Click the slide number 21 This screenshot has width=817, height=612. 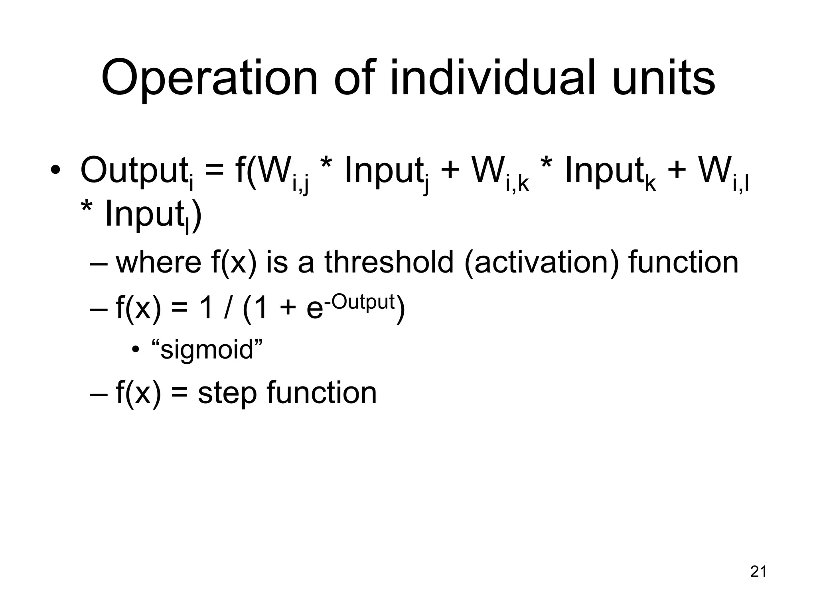click(x=758, y=572)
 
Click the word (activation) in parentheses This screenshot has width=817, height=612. click(x=542, y=263)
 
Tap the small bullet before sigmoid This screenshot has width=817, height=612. click(x=136, y=350)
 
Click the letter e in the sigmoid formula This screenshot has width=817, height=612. click(x=314, y=309)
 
